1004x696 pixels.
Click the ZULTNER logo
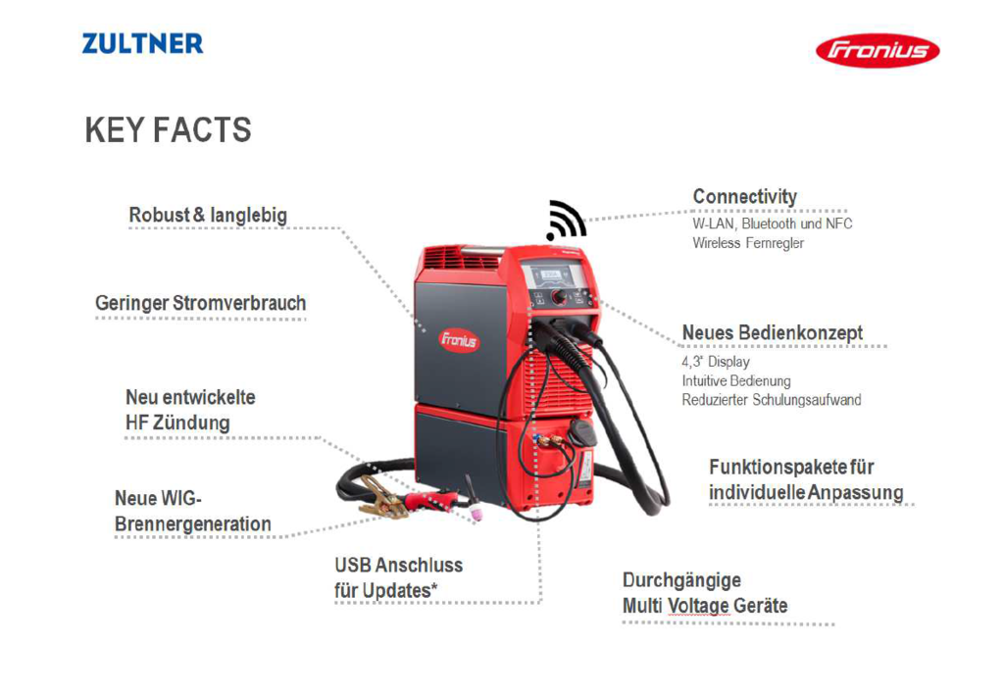(142, 43)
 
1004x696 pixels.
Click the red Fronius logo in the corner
(878, 50)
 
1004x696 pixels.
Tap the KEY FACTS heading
(168, 130)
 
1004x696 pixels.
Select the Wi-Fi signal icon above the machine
(566, 221)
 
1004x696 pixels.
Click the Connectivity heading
(745, 197)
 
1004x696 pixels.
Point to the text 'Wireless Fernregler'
(748, 243)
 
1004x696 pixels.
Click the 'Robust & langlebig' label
(208, 215)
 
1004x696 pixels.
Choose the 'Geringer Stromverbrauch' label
(200, 303)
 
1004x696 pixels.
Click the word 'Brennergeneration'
(193, 523)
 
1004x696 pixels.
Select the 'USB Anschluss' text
(398, 566)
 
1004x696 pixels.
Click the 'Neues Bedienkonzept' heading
(773, 333)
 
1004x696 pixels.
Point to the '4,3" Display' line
(716, 362)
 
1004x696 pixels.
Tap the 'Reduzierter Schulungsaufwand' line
(772, 400)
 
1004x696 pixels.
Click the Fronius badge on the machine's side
(459, 340)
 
